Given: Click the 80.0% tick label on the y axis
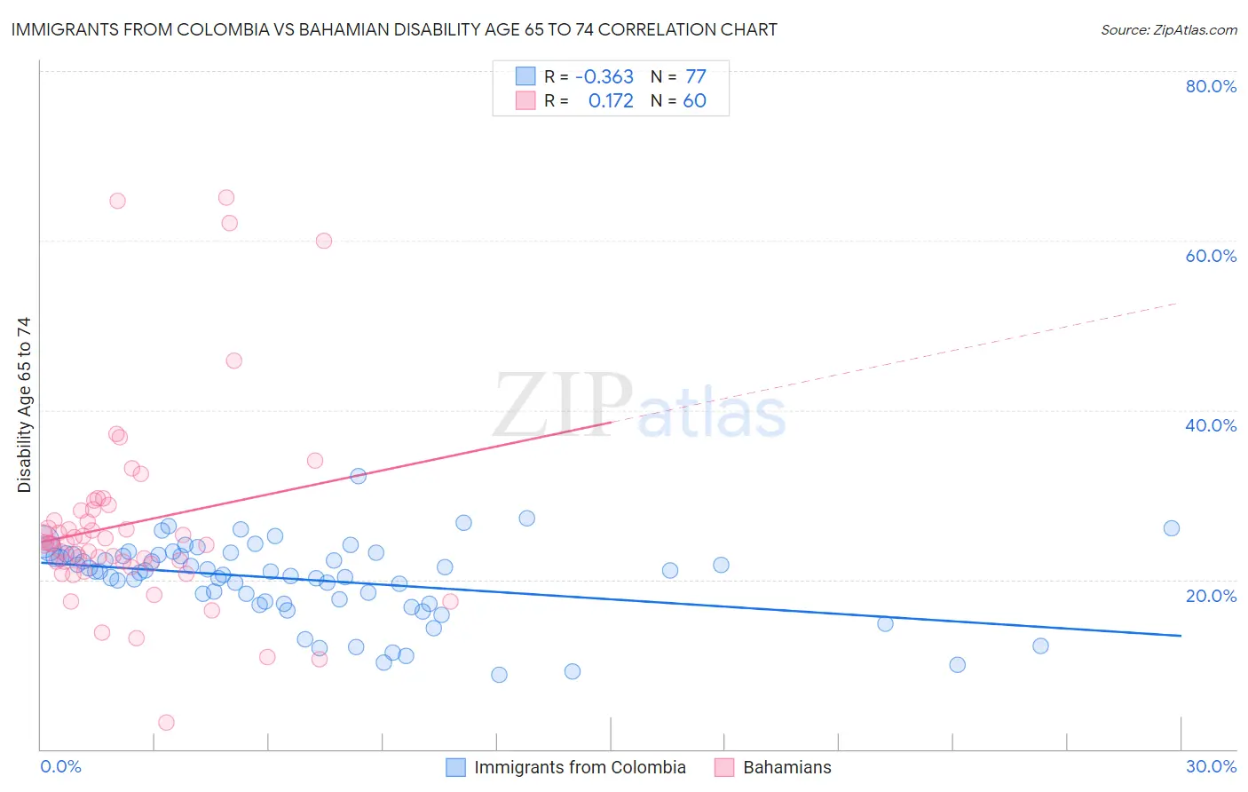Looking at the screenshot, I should pyautogui.click(x=1211, y=86).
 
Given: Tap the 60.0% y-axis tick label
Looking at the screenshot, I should pyautogui.click(x=1211, y=256).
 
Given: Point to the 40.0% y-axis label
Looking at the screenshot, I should pyautogui.click(x=1211, y=425).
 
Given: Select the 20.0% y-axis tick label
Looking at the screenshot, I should pyautogui.click(x=1211, y=596).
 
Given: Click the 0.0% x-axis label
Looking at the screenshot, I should pyautogui.click(x=60, y=766).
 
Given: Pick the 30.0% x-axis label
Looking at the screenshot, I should pyautogui.click(x=1211, y=766).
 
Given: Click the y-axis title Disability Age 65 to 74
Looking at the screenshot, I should pyautogui.click(x=24, y=405).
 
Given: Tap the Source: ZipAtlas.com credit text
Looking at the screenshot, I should pyautogui.click(x=1168, y=29).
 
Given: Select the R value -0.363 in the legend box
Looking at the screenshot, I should pyautogui.click(x=604, y=76).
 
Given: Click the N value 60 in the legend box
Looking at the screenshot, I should pyautogui.click(x=694, y=101).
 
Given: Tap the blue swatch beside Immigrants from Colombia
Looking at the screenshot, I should pyautogui.click(x=455, y=767).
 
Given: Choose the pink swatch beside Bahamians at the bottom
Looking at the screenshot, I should pyautogui.click(x=724, y=767).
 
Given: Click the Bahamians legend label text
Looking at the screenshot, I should pyautogui.click(x=786, y=767).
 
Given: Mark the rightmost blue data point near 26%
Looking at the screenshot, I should pyautogui.click(x=1172, y=528).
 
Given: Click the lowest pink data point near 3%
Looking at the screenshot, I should pyautogui.click(x=166, y=723).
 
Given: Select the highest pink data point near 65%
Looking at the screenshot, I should pyautogui.click(x=226, y=198).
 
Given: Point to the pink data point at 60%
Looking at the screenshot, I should pyautogui.click(x=324, y=241).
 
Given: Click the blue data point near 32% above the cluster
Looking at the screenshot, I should pyautogui.click(x=359, y=476).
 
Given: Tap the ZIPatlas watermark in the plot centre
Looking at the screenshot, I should pyautogui.click(x=639, y=407).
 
